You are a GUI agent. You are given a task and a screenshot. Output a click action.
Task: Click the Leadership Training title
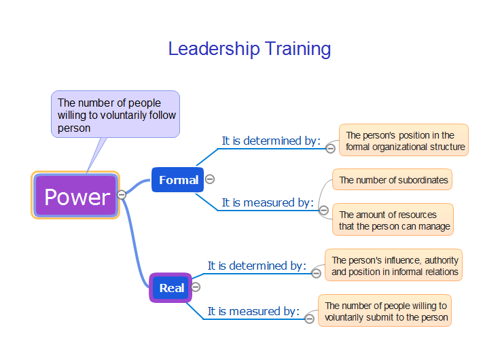[x=249, y=49]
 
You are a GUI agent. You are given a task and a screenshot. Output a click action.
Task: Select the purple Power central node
[x=75, y=195]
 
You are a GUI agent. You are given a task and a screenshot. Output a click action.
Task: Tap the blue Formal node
[x=178, y=180]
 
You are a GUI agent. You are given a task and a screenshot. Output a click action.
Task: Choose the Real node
[x=171, y=288]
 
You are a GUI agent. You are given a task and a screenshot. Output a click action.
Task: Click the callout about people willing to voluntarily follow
[x=115, y=115]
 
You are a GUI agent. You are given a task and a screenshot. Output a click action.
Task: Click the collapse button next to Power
[x=122, y=194]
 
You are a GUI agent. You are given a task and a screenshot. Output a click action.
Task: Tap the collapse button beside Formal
[x=210, y=179]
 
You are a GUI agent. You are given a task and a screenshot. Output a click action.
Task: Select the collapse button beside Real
[x=196, y=287]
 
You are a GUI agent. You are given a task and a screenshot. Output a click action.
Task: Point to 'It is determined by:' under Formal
[x=271, y=141]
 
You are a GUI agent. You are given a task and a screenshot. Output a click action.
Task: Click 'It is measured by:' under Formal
[x=268, y=202]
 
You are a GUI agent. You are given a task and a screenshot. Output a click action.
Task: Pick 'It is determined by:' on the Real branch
[x=257, y=266]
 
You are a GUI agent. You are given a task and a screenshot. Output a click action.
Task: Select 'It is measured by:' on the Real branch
[x=253, y=311]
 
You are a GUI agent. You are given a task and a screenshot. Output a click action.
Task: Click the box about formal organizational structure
[x=404, y=140]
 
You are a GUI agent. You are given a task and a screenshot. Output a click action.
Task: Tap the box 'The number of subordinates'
[x=393, y=180]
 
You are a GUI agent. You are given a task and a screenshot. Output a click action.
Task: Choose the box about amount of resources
[x=393, y=219]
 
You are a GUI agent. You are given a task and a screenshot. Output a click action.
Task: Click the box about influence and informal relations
[x=394, y=266]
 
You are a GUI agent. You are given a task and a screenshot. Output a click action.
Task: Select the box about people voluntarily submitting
[x=385, y=310]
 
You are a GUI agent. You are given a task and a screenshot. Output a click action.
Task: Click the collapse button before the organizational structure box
[x=330, y=148]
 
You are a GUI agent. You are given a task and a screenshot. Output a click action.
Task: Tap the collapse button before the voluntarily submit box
[x=309, y=319]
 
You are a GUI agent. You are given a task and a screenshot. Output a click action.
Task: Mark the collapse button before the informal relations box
[x=317, y=273]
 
